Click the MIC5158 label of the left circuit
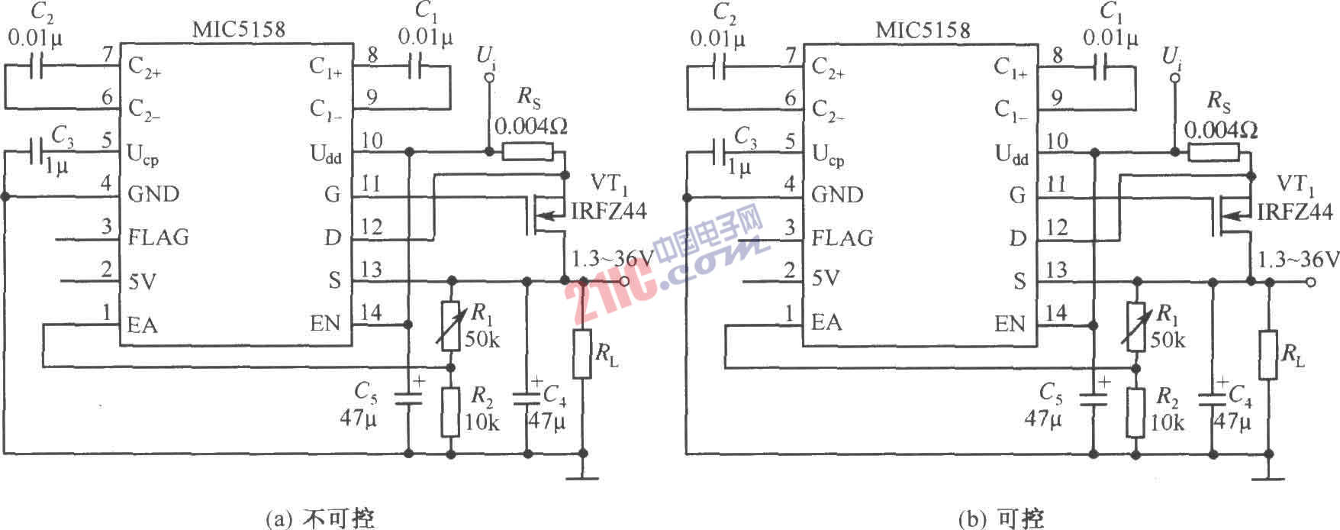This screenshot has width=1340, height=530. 239,30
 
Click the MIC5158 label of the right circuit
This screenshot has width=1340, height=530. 923,30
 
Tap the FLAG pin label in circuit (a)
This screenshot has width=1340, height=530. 158,238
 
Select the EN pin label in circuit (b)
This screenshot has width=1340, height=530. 1010,324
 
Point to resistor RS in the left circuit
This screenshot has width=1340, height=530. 527,152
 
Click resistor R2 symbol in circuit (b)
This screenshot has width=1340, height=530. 1135,412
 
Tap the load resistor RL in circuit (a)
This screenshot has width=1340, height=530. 583,354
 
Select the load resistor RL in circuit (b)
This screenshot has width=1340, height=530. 1268,354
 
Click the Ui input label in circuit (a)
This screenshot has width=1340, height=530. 485,56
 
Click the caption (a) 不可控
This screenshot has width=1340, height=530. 320,519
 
